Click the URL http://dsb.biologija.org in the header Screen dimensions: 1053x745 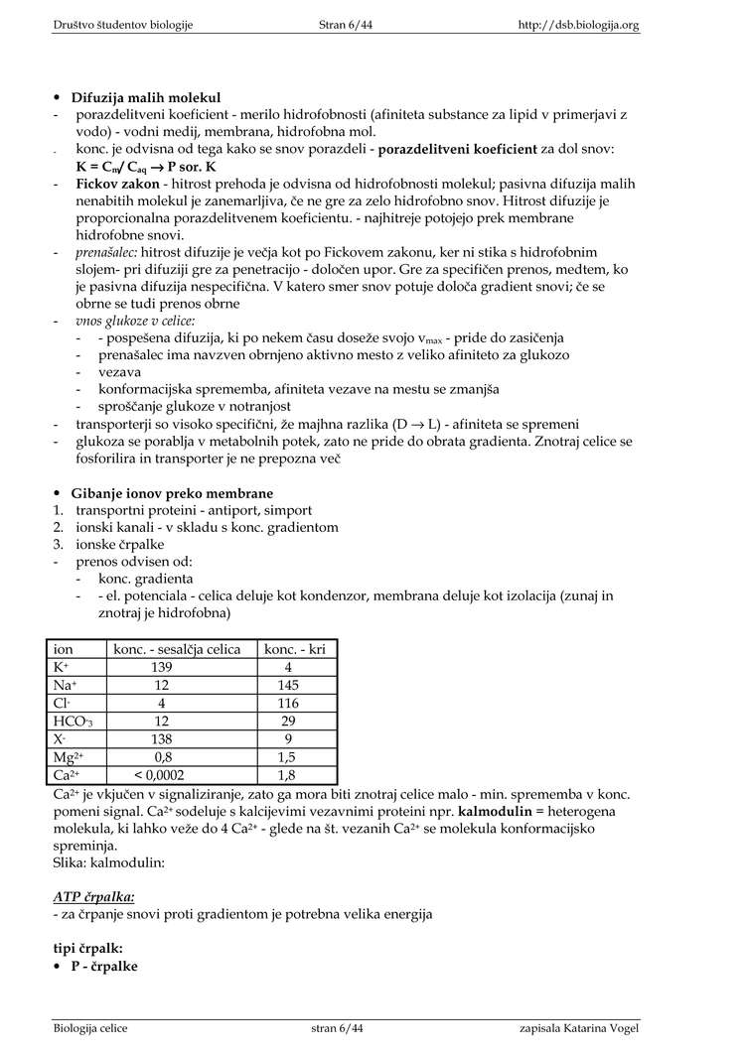pos(579,25)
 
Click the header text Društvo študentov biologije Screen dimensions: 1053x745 pos(123,25)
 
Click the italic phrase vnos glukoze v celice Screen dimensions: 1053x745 pos(135,321)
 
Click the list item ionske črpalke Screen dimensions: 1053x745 pos(120,544)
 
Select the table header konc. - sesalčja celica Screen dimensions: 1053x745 pos(177,649)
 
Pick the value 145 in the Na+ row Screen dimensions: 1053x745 pos(288,685)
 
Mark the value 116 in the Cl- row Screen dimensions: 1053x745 pos(288,703)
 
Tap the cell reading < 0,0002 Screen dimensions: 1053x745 pos(160,774)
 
